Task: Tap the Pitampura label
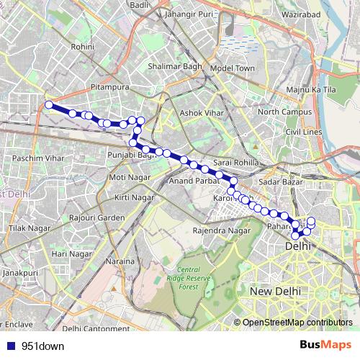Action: (x=109, y=86)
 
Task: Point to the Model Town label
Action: (x=233, y=68)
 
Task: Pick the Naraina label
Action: (x=120, y=261)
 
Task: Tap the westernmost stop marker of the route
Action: (x=49, y=105)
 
